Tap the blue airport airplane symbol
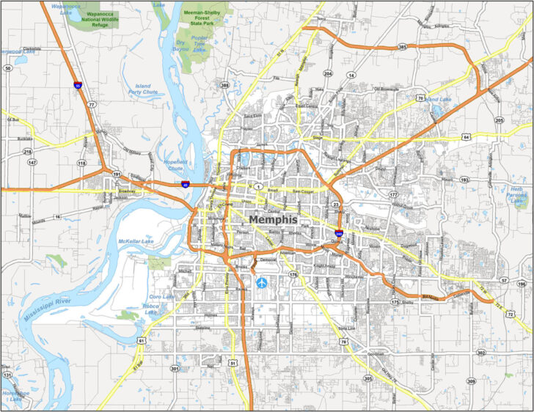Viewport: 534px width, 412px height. point(262,283)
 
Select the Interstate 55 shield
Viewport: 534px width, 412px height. point(77,85)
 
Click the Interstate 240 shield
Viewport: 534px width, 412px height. point(338,233)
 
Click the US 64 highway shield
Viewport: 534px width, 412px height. point(466,136)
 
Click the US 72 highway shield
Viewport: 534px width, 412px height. point(510,293)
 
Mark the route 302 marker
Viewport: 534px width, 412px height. point(481,353)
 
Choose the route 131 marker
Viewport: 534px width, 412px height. point(7,375)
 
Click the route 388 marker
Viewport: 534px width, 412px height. point(224,86)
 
